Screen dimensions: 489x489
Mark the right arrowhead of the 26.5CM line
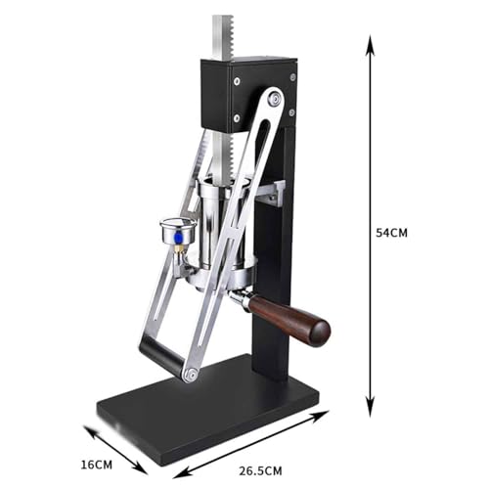pos(325,414)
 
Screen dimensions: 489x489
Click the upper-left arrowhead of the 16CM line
pos(85,428)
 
